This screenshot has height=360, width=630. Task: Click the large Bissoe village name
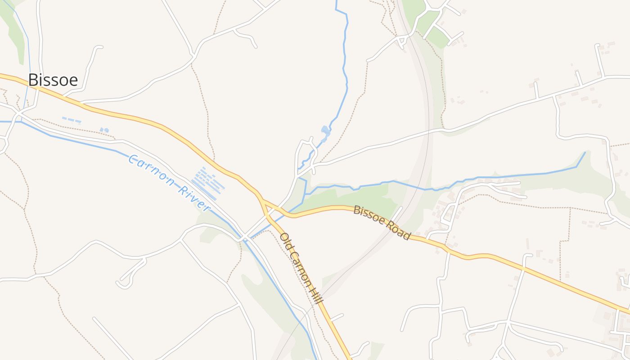pos(53,80)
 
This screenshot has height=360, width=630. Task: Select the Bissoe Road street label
pos(382,222)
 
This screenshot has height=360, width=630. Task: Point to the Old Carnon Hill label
pos(301,268)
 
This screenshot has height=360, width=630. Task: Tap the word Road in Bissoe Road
pos(398,230)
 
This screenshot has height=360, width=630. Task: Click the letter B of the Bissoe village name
pos(32,80)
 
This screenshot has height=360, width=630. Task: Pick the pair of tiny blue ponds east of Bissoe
pos(104,130)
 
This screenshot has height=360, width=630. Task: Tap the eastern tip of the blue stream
pos(585,152)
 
